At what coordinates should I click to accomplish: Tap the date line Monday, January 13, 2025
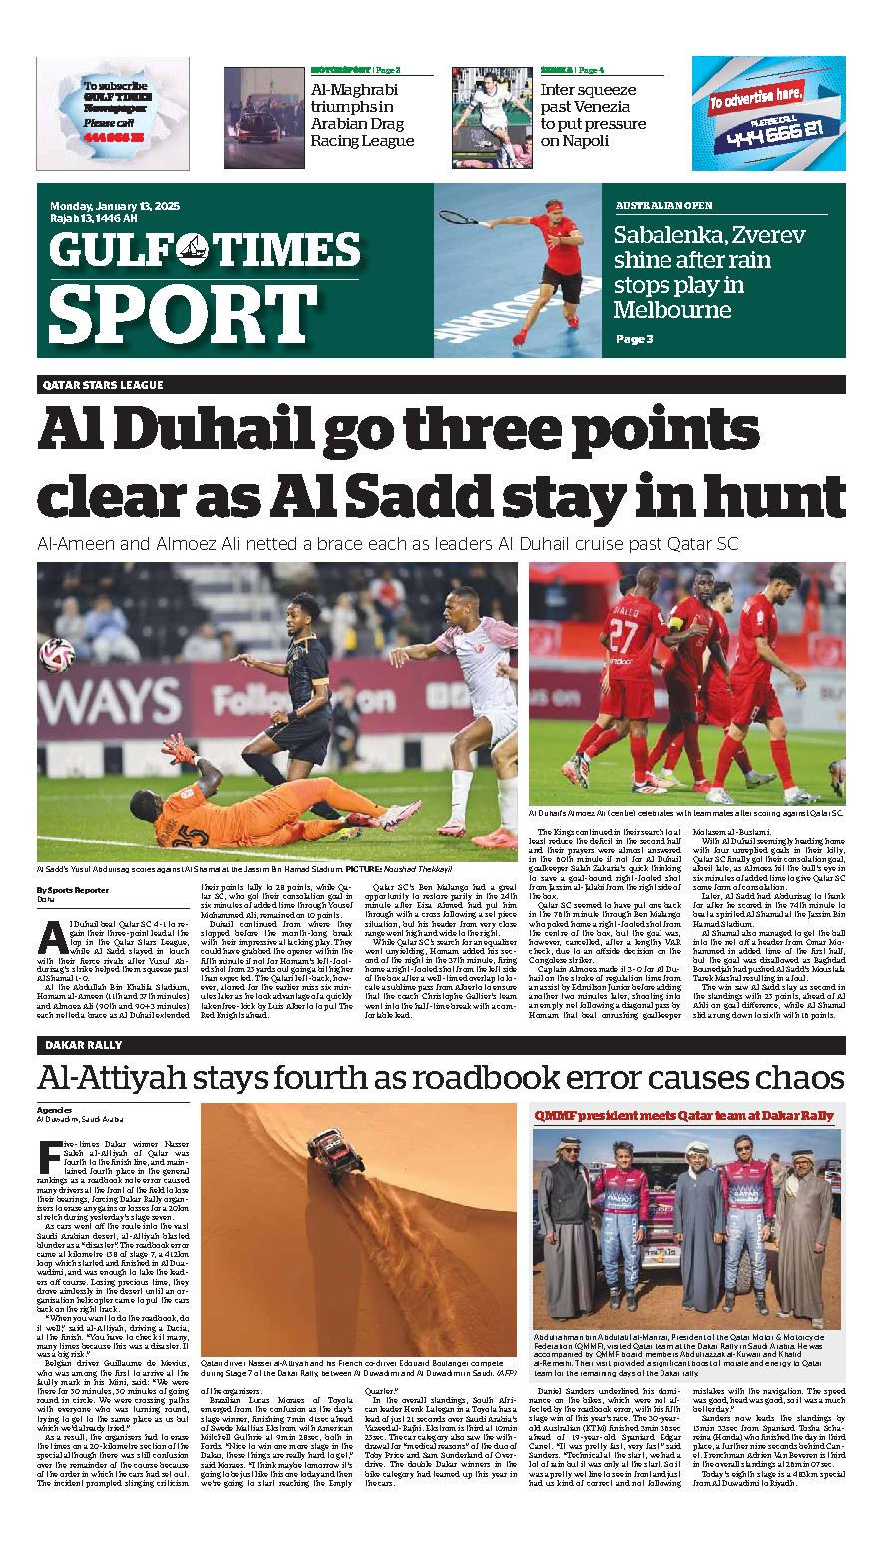coord(114,206)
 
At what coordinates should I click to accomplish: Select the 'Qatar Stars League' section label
coord(103,385)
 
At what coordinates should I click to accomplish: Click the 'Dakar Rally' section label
coord(83,1045)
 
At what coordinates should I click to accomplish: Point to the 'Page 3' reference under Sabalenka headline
coord(634,339)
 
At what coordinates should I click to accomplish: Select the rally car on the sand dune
coord(335,1153)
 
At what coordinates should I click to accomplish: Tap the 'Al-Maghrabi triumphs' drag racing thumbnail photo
coord(263,117)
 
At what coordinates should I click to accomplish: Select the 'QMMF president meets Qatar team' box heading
coord(683,1115)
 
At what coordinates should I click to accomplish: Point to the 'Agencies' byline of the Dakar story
coord(55,1109)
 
